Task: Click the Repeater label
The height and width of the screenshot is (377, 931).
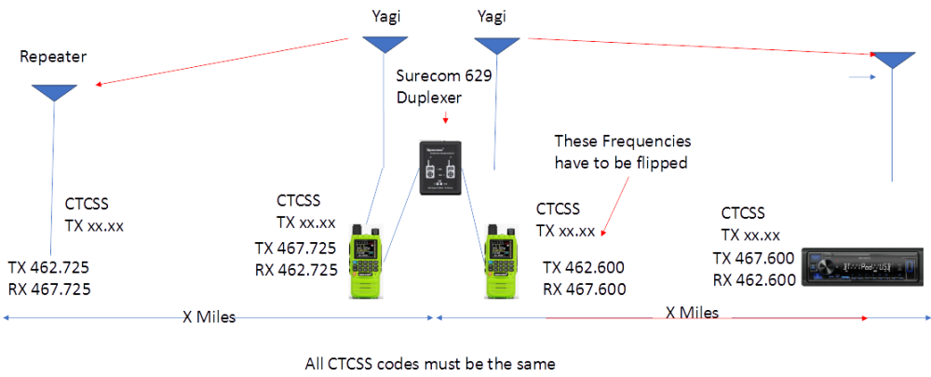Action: point(52,57)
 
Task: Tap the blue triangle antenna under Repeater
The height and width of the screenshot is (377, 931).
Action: point(54,92)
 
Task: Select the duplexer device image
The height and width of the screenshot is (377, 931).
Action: point(439,167)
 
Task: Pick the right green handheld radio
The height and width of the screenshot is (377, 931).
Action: point(501,261)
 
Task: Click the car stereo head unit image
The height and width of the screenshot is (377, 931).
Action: point(858,268)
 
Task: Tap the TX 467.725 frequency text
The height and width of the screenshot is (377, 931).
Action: point(296,248)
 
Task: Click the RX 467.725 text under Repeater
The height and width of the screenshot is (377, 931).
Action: point(48,289)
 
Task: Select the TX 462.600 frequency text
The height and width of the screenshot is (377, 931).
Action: point(583,267)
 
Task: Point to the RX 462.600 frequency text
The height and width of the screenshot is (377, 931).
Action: point(754,279)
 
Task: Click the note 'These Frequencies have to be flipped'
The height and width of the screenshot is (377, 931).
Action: point(623,152)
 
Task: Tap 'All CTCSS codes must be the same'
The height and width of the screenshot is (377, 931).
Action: point(435,362)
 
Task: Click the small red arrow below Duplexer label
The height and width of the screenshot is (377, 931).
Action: point(445,118)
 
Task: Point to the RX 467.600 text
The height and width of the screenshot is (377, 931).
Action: point(583,288)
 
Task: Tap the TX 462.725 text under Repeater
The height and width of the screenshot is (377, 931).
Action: point(48,267)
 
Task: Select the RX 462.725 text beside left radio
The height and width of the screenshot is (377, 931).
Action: point(296,270)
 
